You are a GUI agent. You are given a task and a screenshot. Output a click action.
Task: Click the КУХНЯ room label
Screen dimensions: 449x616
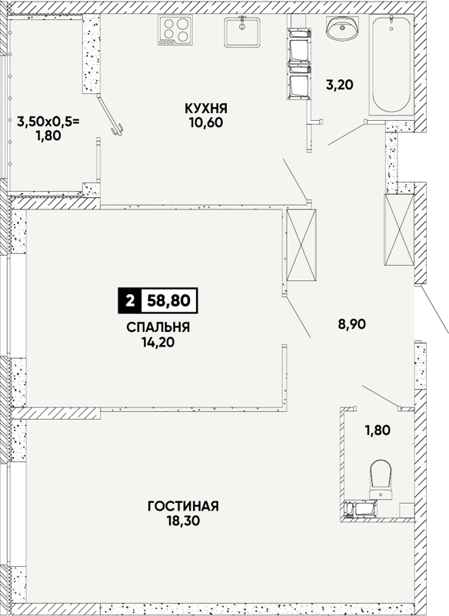coord(206,108)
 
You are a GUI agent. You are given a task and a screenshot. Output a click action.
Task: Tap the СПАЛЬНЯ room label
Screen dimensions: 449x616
coord(158,327)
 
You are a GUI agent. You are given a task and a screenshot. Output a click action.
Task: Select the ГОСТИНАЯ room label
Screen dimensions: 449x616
coord(183,506)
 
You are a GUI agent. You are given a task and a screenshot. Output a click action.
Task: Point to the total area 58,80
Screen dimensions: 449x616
coord(168,301)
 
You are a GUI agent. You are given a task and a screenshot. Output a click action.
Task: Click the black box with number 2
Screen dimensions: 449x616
coord(129,301)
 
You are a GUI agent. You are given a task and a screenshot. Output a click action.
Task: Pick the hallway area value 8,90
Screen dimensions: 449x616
coord(352,324)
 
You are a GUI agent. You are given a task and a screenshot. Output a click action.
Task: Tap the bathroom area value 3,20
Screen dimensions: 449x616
coord(340,85)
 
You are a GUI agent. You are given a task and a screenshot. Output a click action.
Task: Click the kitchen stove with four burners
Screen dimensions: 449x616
coord(175,30)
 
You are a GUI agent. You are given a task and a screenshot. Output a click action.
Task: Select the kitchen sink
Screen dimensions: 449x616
coord(242,32)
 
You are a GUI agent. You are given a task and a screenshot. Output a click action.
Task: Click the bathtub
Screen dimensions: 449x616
coord(391,65)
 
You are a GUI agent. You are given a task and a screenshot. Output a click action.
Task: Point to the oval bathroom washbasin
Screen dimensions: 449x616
coord(341,28)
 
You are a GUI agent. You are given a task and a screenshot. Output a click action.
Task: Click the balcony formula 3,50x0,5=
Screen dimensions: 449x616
coord(48,122)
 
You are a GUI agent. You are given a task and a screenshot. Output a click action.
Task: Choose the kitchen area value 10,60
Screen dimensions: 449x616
coord(206,122)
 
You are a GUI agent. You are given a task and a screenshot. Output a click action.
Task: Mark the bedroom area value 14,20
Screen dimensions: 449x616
coord(158,343)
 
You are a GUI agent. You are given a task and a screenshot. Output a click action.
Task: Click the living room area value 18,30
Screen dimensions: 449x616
coord(183,521)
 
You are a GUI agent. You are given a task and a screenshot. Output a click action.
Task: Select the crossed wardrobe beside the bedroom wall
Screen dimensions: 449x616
coord(301,245)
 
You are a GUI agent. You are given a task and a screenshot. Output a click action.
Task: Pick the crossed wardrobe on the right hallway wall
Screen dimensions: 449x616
coord(399,229)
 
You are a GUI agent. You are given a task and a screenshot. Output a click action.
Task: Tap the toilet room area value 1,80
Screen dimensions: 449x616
coord(377,430)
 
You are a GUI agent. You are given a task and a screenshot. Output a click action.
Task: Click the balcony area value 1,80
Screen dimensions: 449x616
coord(48,136)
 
